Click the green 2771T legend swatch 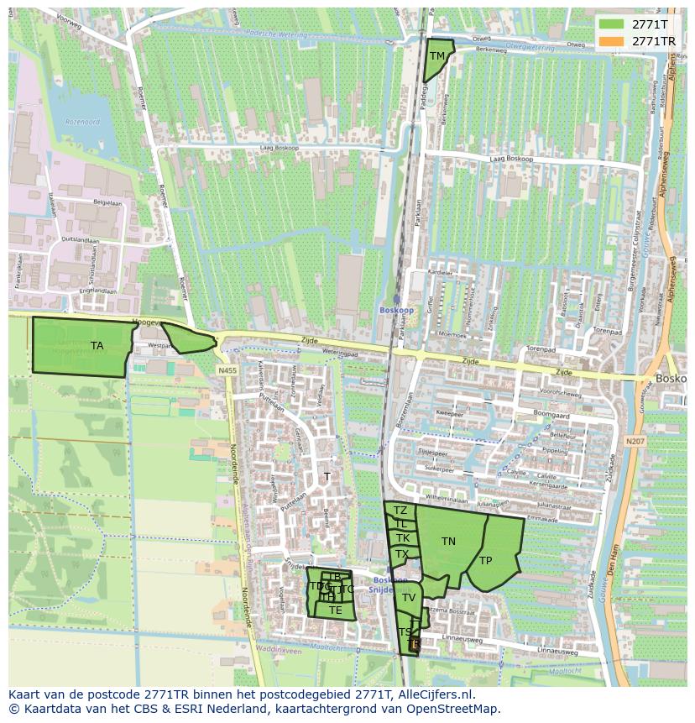(x=611, y=25)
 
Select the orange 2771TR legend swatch (x=611, y=41)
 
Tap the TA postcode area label (x=97, y=346)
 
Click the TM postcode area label (x=437, y=56)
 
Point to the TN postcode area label (x=449, y=542)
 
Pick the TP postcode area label (x=486, y=561)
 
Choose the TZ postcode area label (x=400, y=511)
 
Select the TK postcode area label (x=403, y=538)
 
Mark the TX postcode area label (x=402, y=554)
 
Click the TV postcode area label (x=409, y=598)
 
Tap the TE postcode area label (x=336, y=610)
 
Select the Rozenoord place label (x=82, y=122)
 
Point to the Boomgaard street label (x=550, y=414)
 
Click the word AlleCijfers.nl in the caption (x=435, y=695)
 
